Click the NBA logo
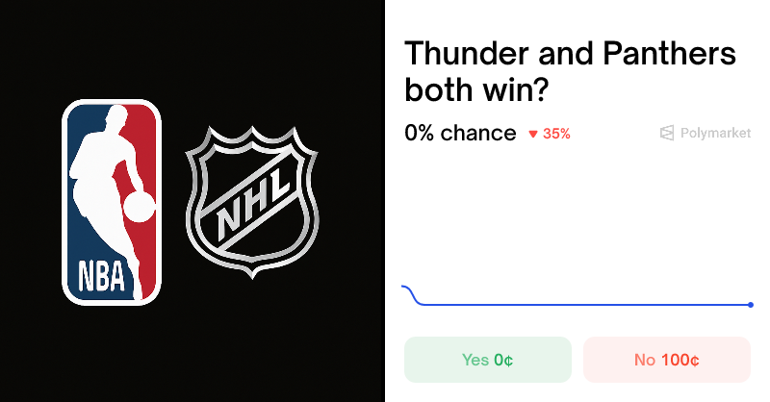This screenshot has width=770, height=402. tap(112, 201)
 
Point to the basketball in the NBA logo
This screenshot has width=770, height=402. tap(141, 206)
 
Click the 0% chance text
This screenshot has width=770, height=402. tap(460, 133)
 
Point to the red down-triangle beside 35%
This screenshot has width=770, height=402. tap(532, 135)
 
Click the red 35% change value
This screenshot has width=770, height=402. tap(556, 134)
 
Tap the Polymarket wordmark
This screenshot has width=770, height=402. tap(715, 134)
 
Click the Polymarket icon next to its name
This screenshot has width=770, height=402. tap(667, 134)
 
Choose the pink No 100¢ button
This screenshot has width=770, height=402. tap(666, 360)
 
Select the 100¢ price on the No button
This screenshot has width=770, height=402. tap(680, 360)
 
